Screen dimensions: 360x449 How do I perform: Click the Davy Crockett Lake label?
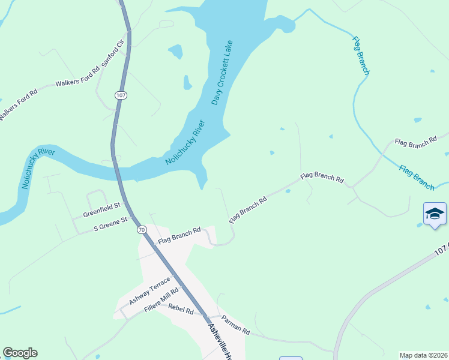(221, 73)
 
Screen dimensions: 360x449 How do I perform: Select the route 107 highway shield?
(121, 95)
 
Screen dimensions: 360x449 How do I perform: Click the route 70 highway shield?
(141, 230)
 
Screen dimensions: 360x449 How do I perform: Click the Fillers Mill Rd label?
(161, 301)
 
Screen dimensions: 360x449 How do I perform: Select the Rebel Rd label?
(181, 311)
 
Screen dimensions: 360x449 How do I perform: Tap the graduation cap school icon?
(435, 214)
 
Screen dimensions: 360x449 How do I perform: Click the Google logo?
(20, 353)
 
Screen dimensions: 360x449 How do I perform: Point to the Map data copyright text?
(423, 355)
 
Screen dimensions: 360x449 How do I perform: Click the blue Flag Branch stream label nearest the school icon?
(417, 178)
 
